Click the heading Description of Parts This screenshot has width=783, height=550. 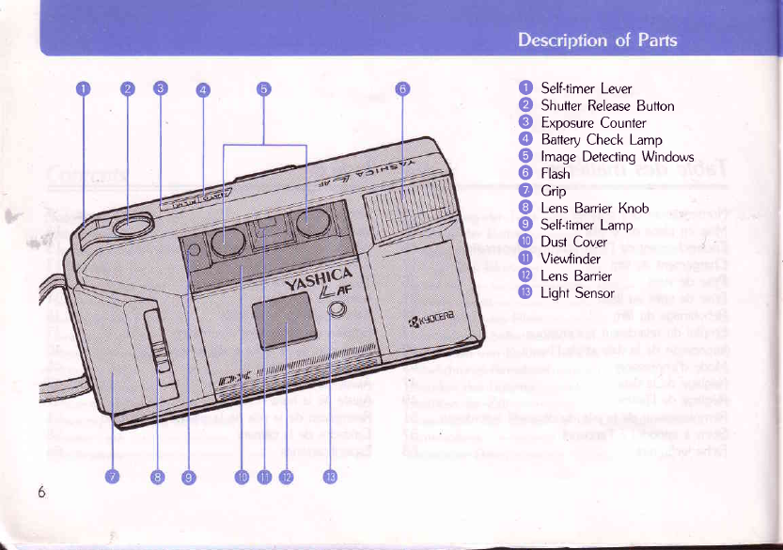597,40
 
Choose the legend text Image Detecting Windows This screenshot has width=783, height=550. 617,157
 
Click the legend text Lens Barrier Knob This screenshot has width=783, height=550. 594,208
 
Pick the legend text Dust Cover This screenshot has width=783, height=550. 574,242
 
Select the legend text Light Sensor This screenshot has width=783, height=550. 577,292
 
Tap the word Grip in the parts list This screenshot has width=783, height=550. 554,191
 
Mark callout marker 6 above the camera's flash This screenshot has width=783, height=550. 401,89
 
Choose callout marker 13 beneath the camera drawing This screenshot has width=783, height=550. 330,477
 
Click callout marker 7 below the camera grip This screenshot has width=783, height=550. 112,477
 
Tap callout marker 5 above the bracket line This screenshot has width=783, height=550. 264,89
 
